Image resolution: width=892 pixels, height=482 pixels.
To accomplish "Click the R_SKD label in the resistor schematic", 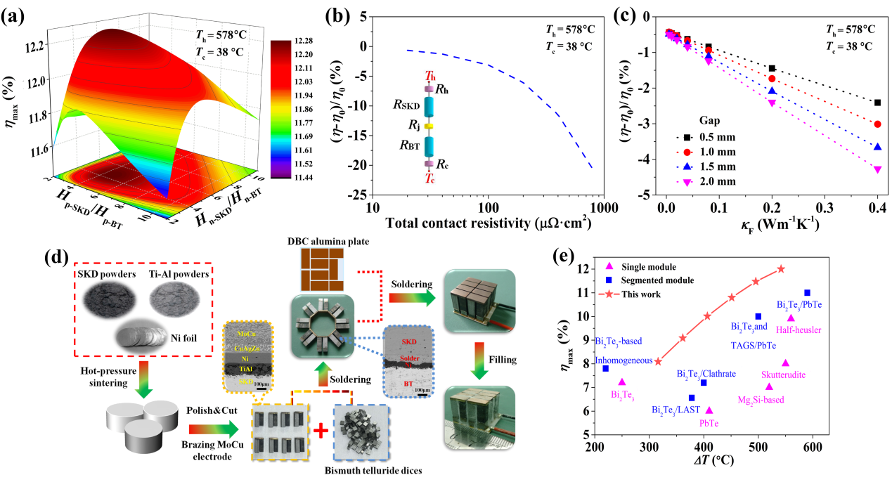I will (407, 105).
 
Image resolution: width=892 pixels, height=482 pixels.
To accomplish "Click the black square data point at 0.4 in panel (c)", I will (877, 103).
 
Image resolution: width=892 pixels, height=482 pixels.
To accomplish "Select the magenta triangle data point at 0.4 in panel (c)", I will (877, 169).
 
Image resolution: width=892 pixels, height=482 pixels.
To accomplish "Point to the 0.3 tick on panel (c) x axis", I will (824, 209).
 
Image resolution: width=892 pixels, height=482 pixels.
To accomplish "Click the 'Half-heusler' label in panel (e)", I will (799, 330).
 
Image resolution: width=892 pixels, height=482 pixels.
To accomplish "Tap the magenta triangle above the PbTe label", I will (709, 410).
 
